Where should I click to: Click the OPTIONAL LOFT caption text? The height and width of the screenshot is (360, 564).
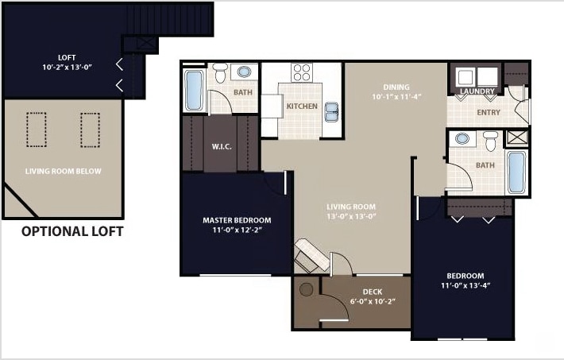72,232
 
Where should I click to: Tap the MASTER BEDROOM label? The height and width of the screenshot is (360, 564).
237,220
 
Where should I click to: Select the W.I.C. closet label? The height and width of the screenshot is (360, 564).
221,146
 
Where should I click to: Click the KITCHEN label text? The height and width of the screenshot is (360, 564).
302,106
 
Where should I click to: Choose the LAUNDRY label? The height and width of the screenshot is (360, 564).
477,91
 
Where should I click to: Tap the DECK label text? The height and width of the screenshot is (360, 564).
372,292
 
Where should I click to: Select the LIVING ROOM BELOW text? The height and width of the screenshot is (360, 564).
63,171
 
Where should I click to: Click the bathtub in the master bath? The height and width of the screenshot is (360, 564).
194,92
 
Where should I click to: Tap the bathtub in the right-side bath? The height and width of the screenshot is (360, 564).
516,172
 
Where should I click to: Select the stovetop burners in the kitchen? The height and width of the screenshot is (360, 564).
301,73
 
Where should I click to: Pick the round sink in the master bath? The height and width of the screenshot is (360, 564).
245,72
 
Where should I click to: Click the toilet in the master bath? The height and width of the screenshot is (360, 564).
221,72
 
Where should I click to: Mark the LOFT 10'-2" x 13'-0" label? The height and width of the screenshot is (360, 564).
68,62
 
